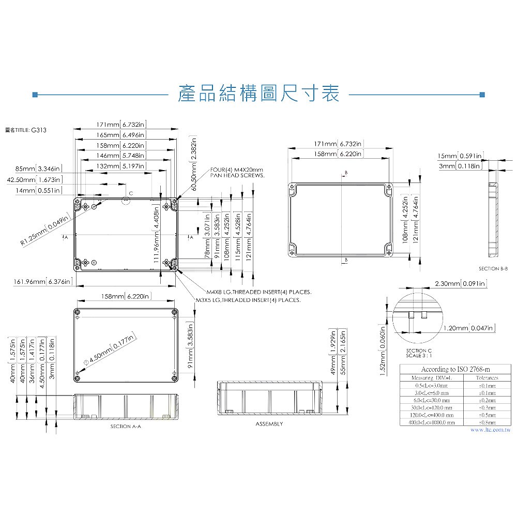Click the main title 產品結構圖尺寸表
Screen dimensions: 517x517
pos(258,94)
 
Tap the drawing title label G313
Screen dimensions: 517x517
pos(25,130)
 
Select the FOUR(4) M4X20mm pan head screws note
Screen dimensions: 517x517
pos(237,173)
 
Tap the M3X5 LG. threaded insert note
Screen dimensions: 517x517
pos(248,300)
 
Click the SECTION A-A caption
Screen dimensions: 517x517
pos(126,427)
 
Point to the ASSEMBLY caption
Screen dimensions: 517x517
pos(269,424)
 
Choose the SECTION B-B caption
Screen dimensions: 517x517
pos(493,269)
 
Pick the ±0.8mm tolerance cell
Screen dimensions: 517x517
pos(485,422)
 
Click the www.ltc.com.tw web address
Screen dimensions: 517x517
pos(490,430)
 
